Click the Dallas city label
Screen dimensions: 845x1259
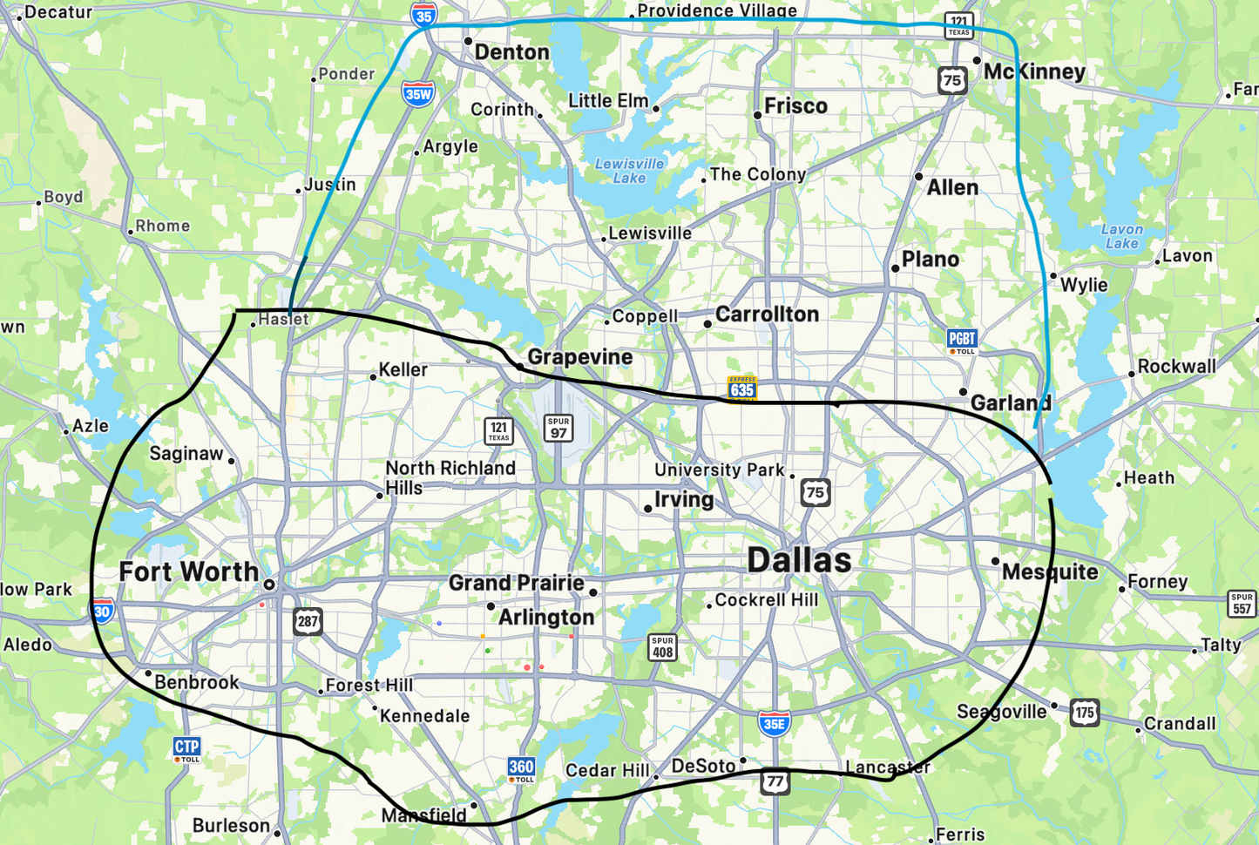point(799,560)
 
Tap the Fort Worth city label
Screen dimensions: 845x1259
point(189,571)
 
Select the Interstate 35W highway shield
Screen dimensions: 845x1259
point(418,94)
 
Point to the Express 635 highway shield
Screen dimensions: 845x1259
point(742,388)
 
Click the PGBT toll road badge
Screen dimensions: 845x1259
point(962,341)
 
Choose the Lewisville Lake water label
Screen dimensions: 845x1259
point(629,170)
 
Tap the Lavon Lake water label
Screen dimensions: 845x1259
point(1122,236)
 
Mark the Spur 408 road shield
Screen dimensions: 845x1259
point(663,647)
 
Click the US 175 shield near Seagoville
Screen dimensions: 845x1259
point(1085,713)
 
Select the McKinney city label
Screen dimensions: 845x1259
point(1034,71)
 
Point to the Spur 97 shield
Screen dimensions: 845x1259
point(558,428)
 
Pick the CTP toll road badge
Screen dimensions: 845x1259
point(187,748)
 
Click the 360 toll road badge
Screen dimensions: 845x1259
point(521,769)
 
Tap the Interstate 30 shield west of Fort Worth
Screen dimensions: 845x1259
point(103,611)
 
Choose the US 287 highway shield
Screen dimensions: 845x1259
point(308,621)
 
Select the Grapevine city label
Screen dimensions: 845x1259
point(580,357)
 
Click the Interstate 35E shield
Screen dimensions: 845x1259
point(774,723)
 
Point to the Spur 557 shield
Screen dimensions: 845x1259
point(1242,604)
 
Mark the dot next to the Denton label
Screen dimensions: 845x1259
point(468,41)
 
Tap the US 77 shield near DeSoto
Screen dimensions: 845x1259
point(775,781)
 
